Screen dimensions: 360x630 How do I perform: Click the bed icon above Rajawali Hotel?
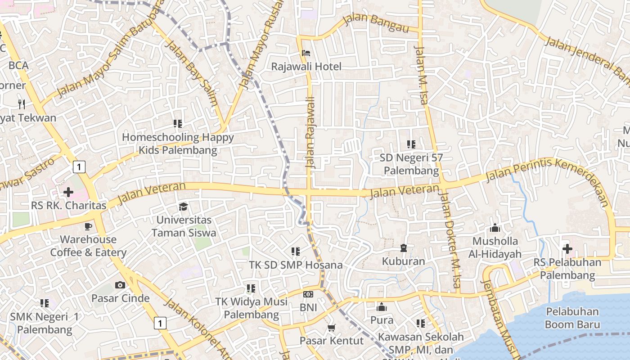point(306,53)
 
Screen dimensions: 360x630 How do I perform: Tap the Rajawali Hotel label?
point(306,67)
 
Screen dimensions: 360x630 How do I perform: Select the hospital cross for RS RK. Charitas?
point(68,193)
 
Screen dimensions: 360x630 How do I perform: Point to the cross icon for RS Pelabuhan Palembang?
point(567,248)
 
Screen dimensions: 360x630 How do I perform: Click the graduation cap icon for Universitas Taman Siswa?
point(183,207)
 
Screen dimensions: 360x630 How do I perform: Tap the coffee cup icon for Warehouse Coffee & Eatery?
point(88,226)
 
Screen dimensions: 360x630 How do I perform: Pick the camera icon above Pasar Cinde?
point(120,285)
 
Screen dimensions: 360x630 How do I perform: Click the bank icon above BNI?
point(308,294)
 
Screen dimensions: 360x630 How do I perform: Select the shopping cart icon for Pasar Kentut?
point(332,328)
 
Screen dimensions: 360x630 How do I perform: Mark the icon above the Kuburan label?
point(403,248)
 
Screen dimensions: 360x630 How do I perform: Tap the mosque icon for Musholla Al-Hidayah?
point(495,228)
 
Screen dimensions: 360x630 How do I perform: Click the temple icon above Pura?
point(382,307)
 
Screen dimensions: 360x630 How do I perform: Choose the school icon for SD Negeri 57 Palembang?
point(411,144)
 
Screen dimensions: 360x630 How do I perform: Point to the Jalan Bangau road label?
point(375,23)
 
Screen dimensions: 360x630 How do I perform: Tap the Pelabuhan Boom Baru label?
point(572,318)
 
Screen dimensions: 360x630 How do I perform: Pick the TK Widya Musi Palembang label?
point(251,308)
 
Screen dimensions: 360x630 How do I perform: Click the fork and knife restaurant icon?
point(22,104)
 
